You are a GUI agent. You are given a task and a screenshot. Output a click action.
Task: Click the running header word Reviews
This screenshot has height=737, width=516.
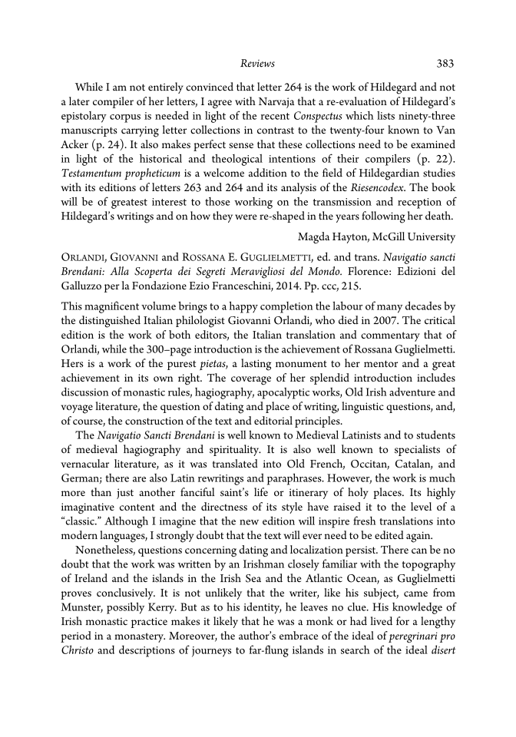point(257,63)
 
